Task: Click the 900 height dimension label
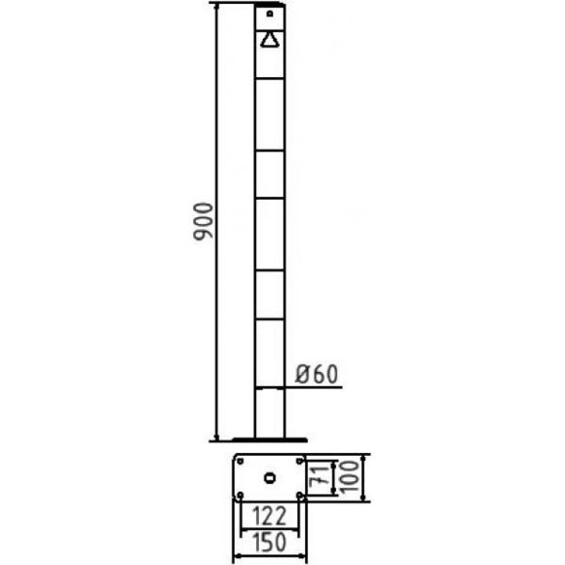[x=203, y=221]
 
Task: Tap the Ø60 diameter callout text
[x=317, y=374]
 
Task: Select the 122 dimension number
[x=269, y=515]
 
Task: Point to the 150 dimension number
[x=269, y=542]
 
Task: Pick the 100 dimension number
[x=348, y=476]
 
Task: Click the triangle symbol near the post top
[x=269, y=40]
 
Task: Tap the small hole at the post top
[x=270, y=14]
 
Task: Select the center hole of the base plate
[x=270, y=477]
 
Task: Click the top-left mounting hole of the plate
[x=241, y=461]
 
